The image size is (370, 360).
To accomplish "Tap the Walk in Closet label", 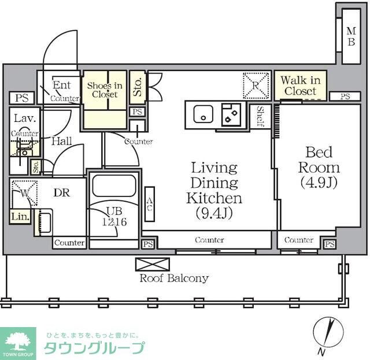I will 301,86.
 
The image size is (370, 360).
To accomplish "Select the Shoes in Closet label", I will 105,90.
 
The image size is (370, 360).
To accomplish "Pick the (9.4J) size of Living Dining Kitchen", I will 214,213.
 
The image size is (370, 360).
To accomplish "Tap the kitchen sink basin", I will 203,114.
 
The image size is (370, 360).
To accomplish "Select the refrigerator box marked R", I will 256,85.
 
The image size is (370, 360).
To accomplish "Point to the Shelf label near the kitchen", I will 261,116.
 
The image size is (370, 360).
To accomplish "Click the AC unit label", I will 150,205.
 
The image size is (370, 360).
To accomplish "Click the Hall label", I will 61,140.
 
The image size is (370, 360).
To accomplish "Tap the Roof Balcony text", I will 173,279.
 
